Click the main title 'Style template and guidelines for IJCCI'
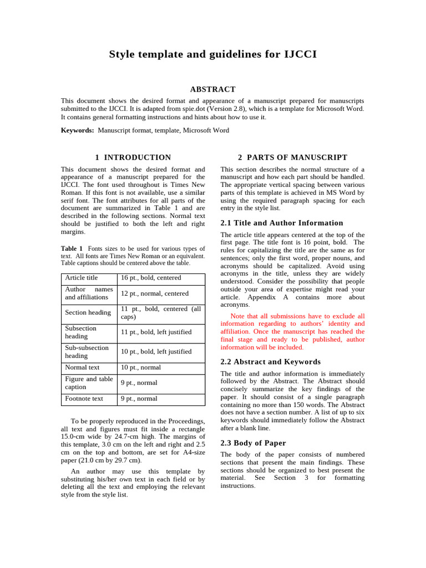click(213, 54)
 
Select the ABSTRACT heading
click(213, 89)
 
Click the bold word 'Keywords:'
click(77, 130)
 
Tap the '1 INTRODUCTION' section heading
click(133, 158)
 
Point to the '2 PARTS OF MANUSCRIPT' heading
click(292, 158)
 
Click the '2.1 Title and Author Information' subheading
click(282, 223)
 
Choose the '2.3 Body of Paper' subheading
click(253, 443)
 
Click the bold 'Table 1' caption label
click(72, 248)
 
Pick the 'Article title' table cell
click(81, 278)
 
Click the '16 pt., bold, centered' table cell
click(151, 278)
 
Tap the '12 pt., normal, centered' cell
click(155, 293)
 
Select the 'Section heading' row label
click(88, 313)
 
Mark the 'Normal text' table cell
click(82, 367)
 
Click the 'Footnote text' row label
click(84, 399)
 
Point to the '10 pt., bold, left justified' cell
click(156, 352)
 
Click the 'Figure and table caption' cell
click(89, 383)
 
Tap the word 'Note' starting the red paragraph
click(237, 316)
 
